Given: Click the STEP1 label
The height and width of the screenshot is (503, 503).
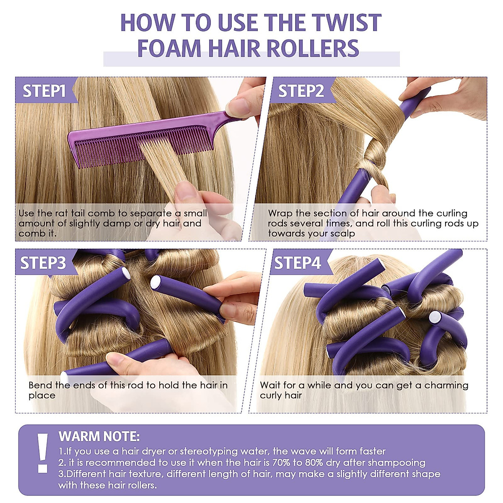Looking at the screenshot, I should coord(44,91).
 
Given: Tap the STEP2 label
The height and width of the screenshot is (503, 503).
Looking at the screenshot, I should coord(301,91).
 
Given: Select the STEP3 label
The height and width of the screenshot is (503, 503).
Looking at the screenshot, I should coord(43,263).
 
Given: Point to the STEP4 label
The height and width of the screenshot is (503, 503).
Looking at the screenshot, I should coord(297,263).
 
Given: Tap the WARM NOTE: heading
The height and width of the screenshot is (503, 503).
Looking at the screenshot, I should coord(99,436).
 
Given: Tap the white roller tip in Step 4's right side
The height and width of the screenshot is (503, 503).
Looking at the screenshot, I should coord(435,317).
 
